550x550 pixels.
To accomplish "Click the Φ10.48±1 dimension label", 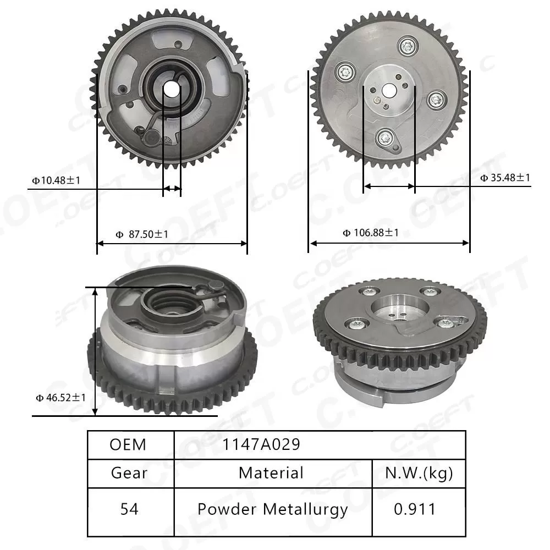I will (x=57, y=180).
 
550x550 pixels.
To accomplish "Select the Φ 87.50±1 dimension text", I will (x=142, y=234).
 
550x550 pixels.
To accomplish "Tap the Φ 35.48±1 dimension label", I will (x=505, y=178).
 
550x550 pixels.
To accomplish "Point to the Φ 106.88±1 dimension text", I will (x=371, y=233).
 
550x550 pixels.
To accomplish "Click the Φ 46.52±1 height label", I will (x=61, y=397).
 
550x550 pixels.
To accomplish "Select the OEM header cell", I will (x=128, y=444).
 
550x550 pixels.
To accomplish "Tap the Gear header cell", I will (x=129, y=473).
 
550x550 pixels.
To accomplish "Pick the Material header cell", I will (x=271, y=473).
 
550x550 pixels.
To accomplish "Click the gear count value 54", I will (x=129, y=509).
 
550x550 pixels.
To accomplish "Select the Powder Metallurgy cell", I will (x=273, y=509).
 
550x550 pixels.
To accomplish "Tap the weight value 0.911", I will (x=415, y=509).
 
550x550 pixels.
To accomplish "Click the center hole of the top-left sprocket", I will (x=172, y=88).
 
